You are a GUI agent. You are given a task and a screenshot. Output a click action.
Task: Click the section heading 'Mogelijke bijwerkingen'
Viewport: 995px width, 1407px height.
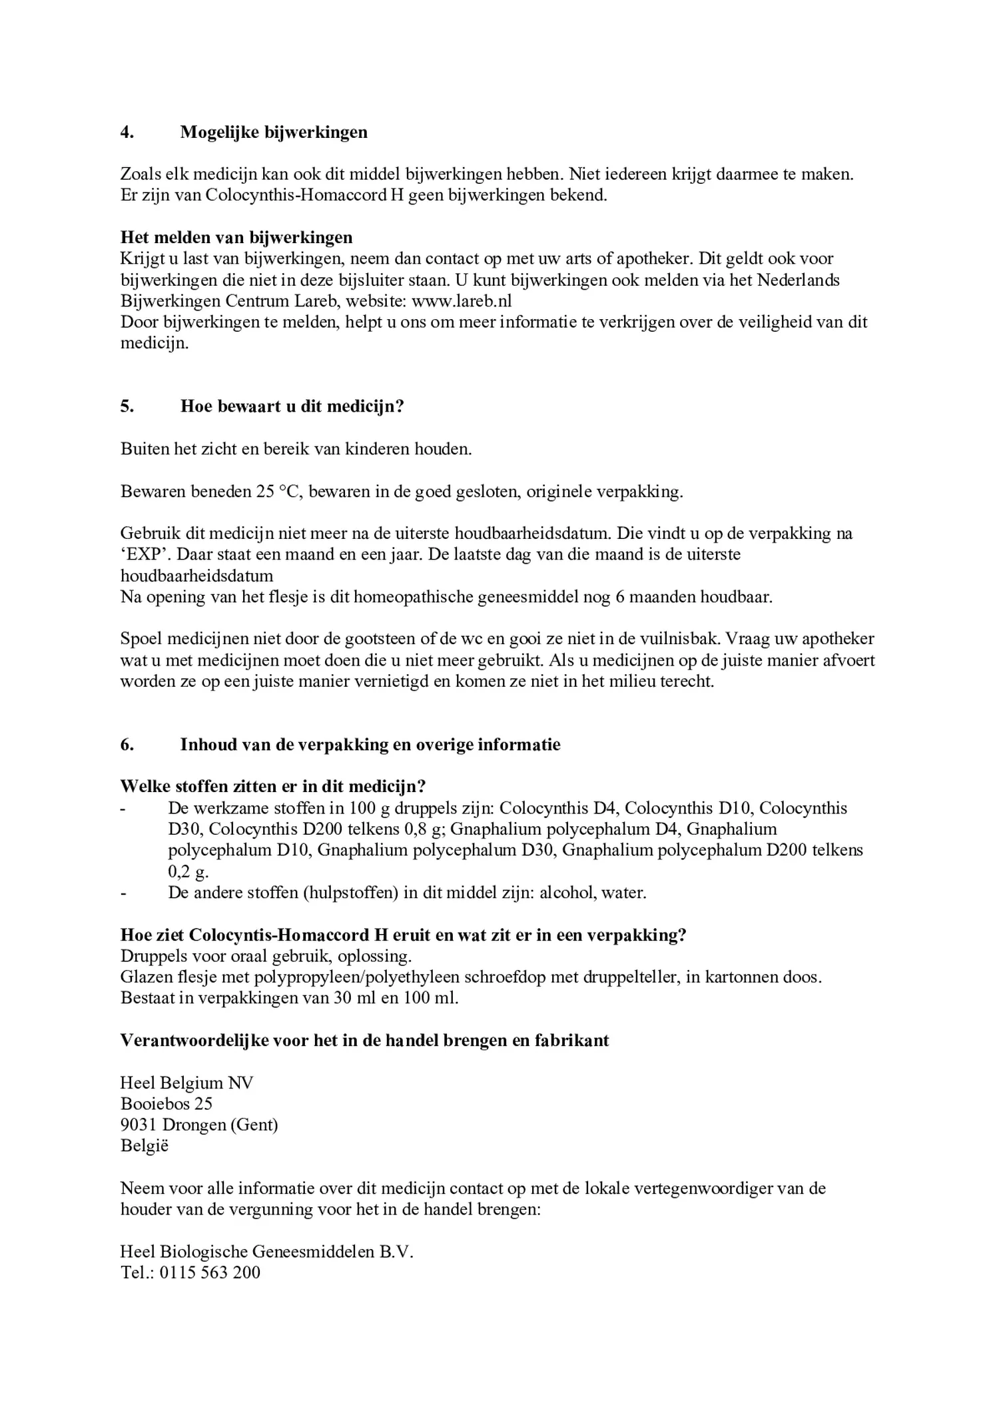(274, 132)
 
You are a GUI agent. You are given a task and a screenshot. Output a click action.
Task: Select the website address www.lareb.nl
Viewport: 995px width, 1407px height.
(462, 301)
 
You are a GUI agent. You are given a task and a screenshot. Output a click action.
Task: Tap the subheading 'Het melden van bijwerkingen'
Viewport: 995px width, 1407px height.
(236, 237)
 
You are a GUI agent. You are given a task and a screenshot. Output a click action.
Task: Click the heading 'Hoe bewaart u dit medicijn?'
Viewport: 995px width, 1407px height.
(292, 406)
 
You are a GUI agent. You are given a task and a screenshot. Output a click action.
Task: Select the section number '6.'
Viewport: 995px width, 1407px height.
(127, 744)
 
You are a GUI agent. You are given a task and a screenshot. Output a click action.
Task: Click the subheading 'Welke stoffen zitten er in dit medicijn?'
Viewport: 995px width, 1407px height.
(272, 786)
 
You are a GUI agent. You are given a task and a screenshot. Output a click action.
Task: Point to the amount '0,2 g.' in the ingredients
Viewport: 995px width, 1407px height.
(188, 871)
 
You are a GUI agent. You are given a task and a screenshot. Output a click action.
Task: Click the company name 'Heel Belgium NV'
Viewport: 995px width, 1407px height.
(186, 1083)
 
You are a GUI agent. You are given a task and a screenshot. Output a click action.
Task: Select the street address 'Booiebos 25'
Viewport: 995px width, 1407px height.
(166, 1104)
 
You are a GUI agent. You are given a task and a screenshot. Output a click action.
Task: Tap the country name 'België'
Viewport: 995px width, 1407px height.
(145, 1146)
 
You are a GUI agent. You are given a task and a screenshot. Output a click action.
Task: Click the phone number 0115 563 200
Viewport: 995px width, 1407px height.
(210, 1272)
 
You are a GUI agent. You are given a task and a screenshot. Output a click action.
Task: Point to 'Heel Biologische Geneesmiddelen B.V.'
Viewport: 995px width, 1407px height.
(266, 1252)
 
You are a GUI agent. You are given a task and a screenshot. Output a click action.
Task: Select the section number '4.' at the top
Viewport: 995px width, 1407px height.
(127, 132)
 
